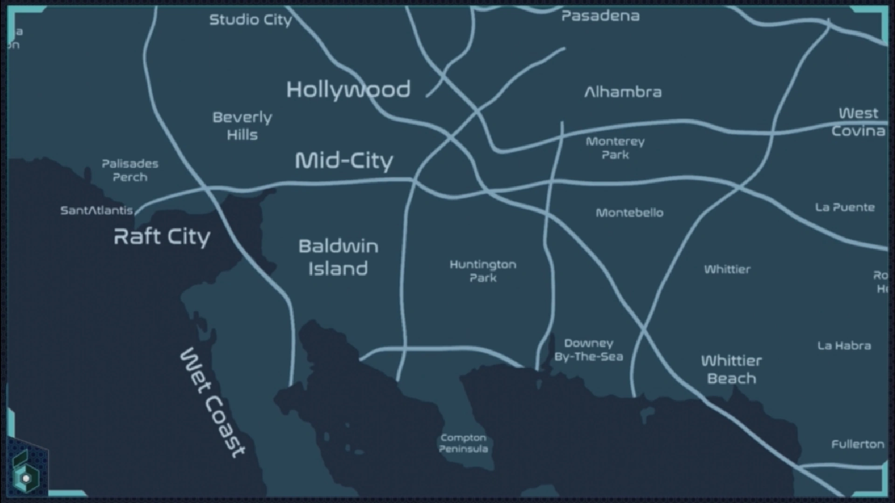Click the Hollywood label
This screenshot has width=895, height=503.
click(x=348, y=89)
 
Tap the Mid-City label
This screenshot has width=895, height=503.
click(x=344, y=161)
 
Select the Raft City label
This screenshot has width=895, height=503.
click(x=162, y=237)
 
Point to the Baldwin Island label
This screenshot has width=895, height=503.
click(x=338, y=258)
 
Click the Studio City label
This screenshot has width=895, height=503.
click(x=250, y=20)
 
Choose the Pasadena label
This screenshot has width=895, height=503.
click(x=600, y=16)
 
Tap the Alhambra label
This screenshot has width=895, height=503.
click(x=623, y=92)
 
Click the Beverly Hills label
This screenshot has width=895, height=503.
click(x=242, y=126)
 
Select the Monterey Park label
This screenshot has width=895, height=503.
click(x=615, y=148)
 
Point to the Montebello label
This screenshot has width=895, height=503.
click(x=629, y=213)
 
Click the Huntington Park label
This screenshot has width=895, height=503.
click(x=482, y=271)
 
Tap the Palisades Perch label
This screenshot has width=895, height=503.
click(x=130, y=170)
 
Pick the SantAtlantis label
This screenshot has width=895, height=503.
click(x=96, y=211)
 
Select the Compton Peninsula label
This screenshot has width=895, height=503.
click(x=463, y=443)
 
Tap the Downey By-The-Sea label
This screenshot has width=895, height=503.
click(x=588, y=350)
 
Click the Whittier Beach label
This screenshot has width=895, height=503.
click(x=731, y=369)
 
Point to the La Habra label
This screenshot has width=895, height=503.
click(x=844, y=346)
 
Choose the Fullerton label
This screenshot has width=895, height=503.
click(x=858, y=444)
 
